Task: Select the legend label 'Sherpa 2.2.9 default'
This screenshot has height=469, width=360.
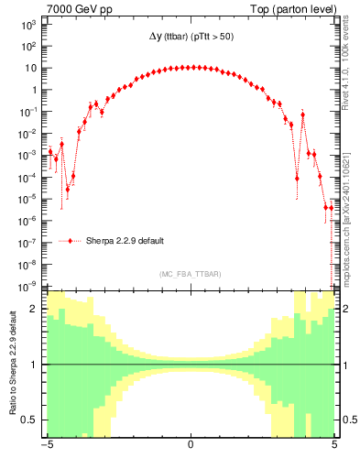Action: point(125,241)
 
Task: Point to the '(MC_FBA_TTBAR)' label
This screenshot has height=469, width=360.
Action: point(189,274)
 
